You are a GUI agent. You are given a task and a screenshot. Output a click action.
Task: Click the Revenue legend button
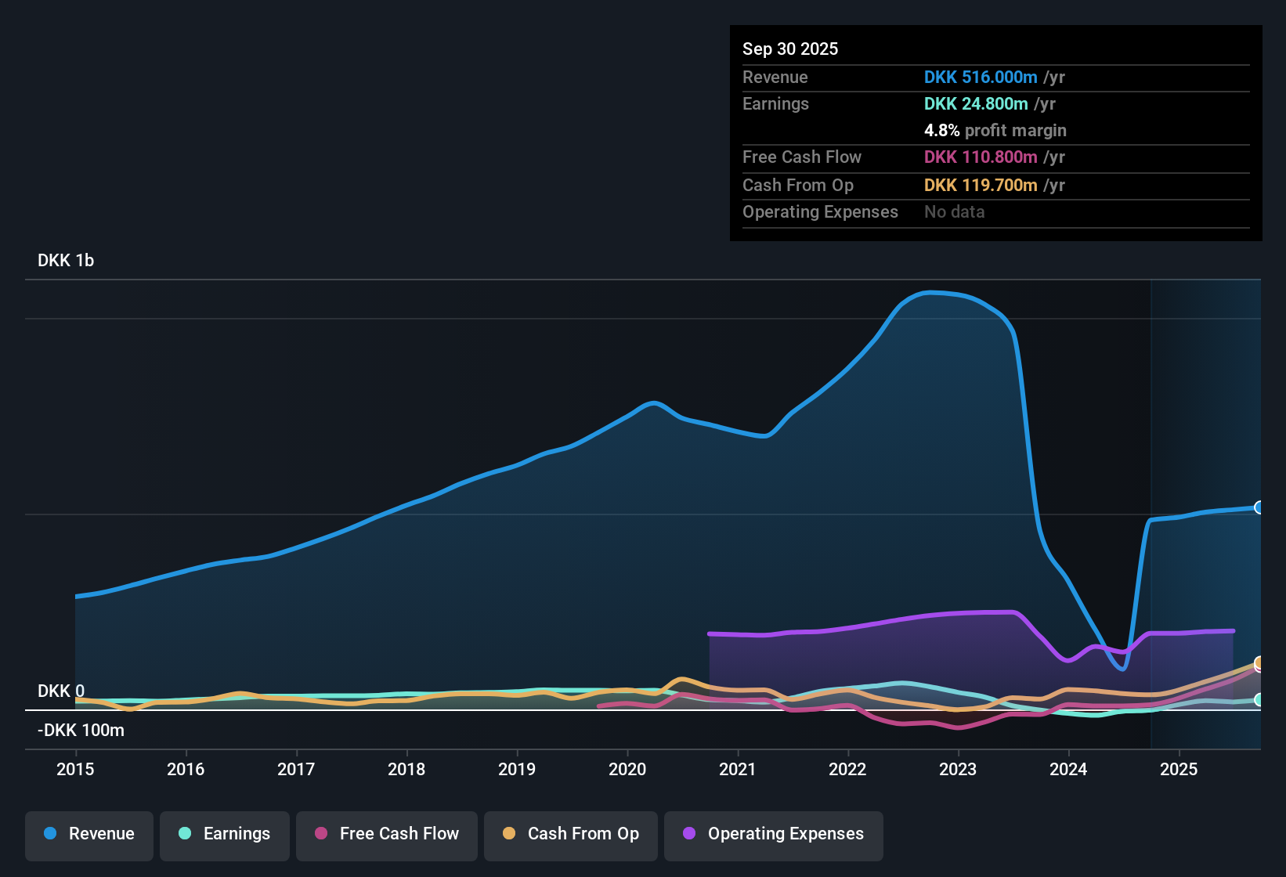pyautogui.click(x=89, y=834)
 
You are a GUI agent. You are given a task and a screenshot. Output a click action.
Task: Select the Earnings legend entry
pyautogui.click(x=225, y=834)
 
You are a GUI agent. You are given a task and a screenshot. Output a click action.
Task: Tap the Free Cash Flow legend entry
pyautogui.click(x=387, y=834)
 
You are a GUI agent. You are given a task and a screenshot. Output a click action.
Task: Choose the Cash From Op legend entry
pyautogui.click(x=571, y=834)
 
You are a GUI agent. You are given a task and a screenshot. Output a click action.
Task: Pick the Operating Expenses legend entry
pyautogui.click(x=773, y=834)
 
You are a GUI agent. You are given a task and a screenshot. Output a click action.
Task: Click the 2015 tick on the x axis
pyautogui.click(x=75, y=769)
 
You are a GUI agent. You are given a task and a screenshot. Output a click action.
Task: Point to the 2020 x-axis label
pyautogui.click(x=627, y=769)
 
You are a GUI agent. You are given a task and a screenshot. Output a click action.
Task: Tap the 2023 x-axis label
pyautogui.click(x=958, y=769)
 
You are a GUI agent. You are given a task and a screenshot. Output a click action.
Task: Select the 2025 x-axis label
pyautogui.click(x=1179, y=769)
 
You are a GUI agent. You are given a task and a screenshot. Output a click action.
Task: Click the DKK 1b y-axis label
pyautogui.click(x=66, y=261)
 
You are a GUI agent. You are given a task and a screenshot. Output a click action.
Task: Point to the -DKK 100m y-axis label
pyautogui.click(x=81, y=731)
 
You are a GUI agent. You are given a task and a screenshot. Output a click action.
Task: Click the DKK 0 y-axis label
pyautogui.click(x=61, y=691)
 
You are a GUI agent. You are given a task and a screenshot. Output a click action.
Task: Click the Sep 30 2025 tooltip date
pyautogui.click(x=790, y=49)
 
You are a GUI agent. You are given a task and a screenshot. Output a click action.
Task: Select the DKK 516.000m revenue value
pyautogui.click(x=981, y=78)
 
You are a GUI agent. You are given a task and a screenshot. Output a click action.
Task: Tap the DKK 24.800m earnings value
pyautogui.click(x=976, y=104)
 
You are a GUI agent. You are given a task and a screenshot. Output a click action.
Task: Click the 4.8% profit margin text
pyautogui.click(x=995, y=131)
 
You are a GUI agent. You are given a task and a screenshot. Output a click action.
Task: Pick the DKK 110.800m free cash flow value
pyautogui.click(x=981, y=157)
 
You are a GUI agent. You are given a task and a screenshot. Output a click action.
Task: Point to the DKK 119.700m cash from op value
pyautogui.click(x=981, y=186)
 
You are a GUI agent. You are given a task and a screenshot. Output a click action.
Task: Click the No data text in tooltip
pyautogui.click(x=954, y=212)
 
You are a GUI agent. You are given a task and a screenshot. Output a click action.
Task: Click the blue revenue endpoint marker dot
pyautogui.click(x=1259, y=507)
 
